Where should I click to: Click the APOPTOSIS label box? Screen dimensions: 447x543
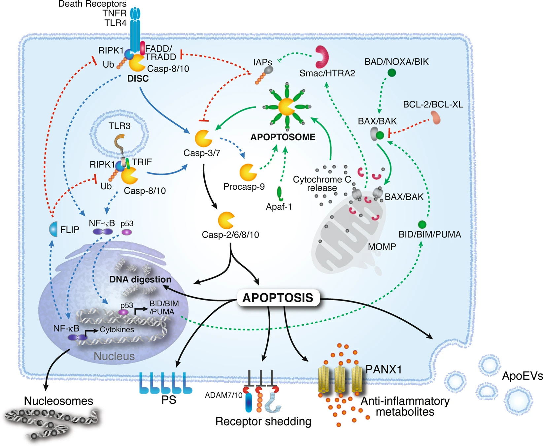point(278,298)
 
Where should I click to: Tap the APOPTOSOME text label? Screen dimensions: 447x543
point(283,137)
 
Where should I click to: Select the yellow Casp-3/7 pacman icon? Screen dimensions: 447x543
point(203,139)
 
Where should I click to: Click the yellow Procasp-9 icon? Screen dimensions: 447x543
point(248,172)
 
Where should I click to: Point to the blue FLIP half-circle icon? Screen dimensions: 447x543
point(53,229)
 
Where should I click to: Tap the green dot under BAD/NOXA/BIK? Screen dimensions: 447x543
point(391,73)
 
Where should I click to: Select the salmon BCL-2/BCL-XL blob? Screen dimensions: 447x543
point(436,117)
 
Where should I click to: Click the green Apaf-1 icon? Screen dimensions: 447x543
point(280,194)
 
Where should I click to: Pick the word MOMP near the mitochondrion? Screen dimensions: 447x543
point(382,246)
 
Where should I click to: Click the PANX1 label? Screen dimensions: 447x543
point(384,369)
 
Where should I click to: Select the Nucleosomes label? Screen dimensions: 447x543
point(58,401)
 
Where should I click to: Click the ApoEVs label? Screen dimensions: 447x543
point(522,376)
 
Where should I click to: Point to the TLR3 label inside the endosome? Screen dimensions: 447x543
point(119,126)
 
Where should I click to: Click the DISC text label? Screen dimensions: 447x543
point(138,79)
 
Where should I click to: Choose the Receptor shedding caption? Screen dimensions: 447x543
point(263,421)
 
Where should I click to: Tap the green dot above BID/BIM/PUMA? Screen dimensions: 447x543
point(422,225)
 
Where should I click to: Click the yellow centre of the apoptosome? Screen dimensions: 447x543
point(286,107)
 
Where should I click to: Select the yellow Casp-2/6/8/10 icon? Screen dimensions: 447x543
point(226,220)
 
